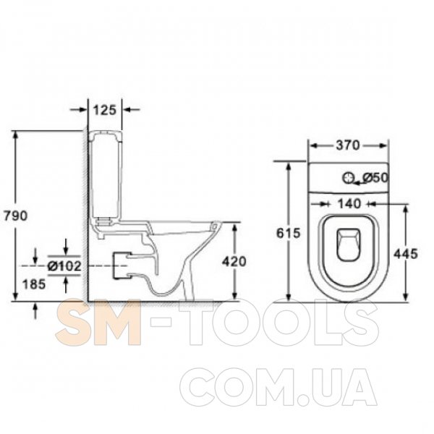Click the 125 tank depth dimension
tap(104, 110)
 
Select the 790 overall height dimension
tap(15, 216)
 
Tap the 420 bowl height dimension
tap(234, 262)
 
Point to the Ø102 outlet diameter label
tap(64, 266)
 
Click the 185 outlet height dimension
tap(34, 284)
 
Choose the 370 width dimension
tap(348, 145)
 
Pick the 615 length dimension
tap(289, 233)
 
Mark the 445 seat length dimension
tap(406, 254)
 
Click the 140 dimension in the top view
tap(349, 204)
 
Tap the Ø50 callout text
tap(375, 178)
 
